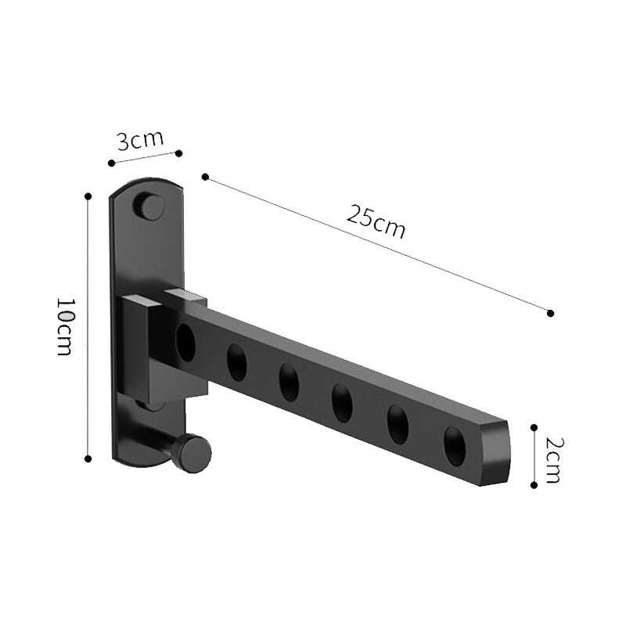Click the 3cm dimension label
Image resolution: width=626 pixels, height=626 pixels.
tap(140, 141)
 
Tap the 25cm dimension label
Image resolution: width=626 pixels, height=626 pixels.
tap(376, 223)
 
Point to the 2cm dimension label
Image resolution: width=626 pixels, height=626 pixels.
tap(552, 460)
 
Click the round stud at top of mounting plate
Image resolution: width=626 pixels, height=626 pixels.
tap(152, 207)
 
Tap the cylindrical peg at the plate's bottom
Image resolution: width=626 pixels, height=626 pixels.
tap(192, 453)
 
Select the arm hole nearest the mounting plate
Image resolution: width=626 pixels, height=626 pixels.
tap(185, 343)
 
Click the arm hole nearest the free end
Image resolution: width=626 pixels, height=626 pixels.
tap(455, 444)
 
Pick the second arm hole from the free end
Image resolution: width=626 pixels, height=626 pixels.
tap(398, 423)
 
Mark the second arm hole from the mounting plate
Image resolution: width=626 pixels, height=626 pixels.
tap(236, 362)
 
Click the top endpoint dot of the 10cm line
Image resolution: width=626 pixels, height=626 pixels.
tap(88, 196)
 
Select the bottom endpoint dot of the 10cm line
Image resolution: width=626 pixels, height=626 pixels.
tap(88, 459)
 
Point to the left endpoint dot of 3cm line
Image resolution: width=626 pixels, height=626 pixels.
tap(111, 163)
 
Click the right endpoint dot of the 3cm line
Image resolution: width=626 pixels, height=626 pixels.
tap(179, 153)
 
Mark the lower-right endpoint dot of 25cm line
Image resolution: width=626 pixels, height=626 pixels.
tap(551, 313)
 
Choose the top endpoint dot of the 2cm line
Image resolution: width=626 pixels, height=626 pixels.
tap(534, 427)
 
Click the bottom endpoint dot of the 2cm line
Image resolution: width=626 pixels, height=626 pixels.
tap(534, 485)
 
